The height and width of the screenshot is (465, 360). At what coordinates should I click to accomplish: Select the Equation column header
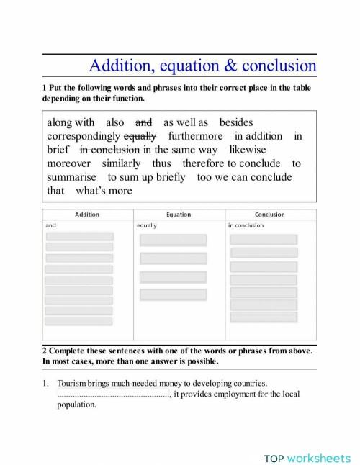pos(179,215)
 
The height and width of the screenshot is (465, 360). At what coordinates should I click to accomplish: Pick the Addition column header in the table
pos(87,215)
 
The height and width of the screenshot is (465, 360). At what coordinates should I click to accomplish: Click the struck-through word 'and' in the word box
pos(144,123)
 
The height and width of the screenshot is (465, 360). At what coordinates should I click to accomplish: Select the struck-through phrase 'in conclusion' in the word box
pos(109,150)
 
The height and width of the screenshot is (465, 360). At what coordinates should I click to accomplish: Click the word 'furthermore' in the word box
pos(197,136)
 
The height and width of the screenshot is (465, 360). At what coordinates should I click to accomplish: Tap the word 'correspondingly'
pos(84,136)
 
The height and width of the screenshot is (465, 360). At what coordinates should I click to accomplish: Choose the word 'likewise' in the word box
pos(248,150)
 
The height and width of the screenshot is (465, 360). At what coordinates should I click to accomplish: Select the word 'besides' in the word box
pos(236,123)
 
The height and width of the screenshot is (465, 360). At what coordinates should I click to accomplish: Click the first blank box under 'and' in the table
pos(80,236)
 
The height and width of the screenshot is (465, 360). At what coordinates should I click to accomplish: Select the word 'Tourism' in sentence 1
pos(72,384)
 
